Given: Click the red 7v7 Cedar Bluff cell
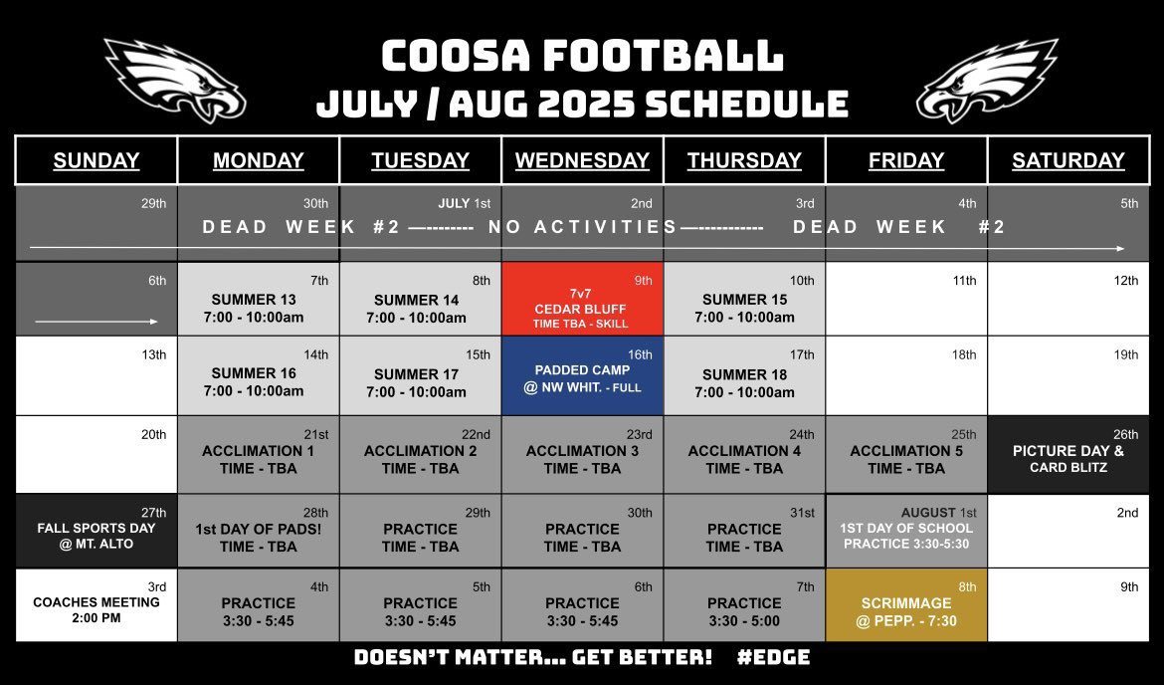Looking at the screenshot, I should click(x=582, y=299).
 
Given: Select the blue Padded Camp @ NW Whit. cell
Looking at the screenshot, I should click(x=582, y=375).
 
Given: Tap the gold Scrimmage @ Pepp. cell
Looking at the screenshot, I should click(x=905, y=605).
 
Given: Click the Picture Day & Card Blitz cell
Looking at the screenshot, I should click(x=1067, y=454).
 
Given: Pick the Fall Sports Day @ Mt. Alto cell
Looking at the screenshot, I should click(x=96, y=530).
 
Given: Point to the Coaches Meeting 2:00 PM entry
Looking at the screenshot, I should click(x=96, y=609).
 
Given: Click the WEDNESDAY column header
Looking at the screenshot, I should click(x=582, y=160).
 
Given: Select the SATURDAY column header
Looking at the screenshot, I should click(x=1067, y=160).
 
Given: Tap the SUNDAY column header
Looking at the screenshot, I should click(x=96, y=160).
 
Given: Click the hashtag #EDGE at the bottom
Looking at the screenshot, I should click(x=775, y=657).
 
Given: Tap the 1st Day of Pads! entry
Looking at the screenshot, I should click(x=258, y=536).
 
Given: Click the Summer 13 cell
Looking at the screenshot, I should click(x=258, y=307).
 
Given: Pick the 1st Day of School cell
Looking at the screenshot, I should click(x=905, y=531).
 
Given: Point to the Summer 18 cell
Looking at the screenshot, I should click(x=744, y=381).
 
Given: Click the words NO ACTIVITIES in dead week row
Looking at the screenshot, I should click(x=582, y=227).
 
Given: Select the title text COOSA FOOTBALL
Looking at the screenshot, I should click(x=582, y=57).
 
